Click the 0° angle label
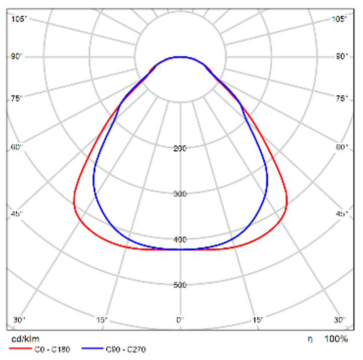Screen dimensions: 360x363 pos(180,320)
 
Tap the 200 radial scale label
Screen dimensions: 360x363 pos(180,148)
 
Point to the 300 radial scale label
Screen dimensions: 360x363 pos(180,194)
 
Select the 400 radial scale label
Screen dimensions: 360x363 pos(180,239)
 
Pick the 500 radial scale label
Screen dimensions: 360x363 pos(180,285)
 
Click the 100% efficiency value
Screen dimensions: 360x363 pos(336,338)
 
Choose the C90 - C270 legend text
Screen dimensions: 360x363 pos(126,349)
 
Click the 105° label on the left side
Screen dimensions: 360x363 pos(20,19)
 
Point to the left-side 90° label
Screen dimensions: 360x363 pos(17,56)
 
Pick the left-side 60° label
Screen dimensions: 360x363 pos(17,147)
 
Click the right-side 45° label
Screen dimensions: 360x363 pos(342,214)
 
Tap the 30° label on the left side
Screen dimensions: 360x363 pos(19,320)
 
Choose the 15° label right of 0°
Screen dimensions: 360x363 pos(258,320)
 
